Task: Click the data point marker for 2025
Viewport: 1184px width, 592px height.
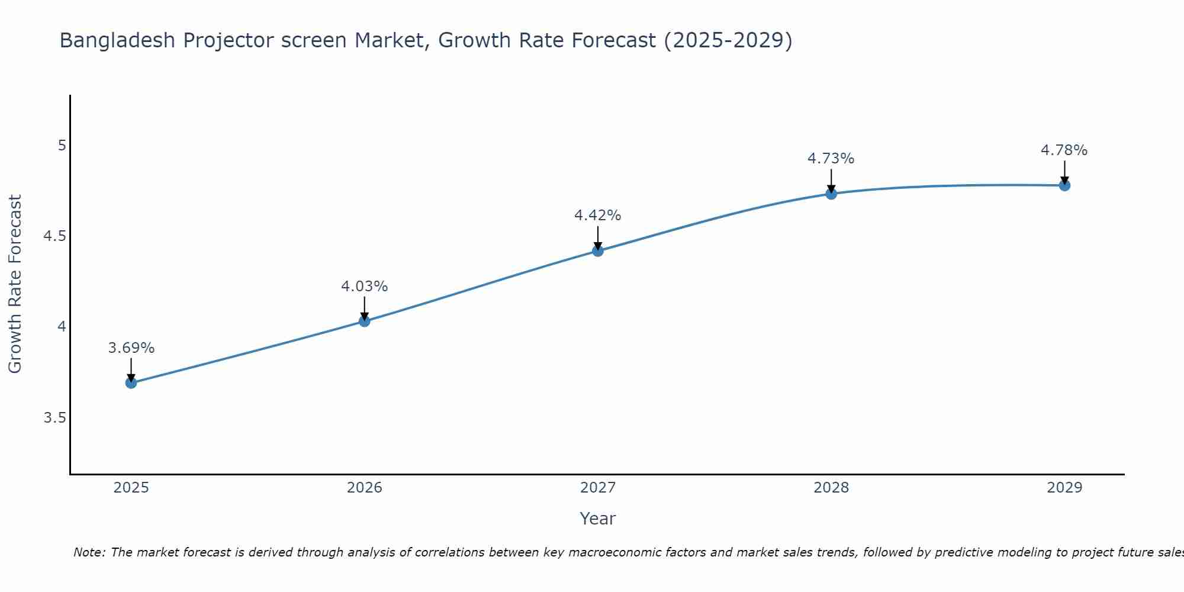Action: [131, 383]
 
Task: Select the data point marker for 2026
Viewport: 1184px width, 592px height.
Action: [365, 321]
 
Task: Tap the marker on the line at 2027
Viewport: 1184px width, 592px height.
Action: [598, 251]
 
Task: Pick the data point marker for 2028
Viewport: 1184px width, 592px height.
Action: [831, 194]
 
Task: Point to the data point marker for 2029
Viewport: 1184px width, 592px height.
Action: [1064, 185]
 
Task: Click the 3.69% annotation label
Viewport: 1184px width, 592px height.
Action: [131, 348]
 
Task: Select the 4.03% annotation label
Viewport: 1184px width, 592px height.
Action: [365, 287]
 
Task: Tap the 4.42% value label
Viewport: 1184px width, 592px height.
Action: [598, 215]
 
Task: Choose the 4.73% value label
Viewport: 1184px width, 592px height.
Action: [831, 159]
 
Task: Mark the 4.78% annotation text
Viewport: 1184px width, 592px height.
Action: [1064, 150]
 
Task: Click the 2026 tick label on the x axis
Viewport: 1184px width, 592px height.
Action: [365, 488]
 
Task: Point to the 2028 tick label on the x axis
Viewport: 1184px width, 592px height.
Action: [831, 488]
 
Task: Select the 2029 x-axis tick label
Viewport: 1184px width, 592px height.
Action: [1064, 488]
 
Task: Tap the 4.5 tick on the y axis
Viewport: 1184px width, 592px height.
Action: [54, 236]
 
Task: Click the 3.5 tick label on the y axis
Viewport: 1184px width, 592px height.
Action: [54, 419]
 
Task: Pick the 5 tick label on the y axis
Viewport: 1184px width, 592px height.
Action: [62, 145]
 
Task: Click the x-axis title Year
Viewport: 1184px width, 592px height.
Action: [598, 519]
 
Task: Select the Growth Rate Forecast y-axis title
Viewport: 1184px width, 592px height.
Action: [15, 284]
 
